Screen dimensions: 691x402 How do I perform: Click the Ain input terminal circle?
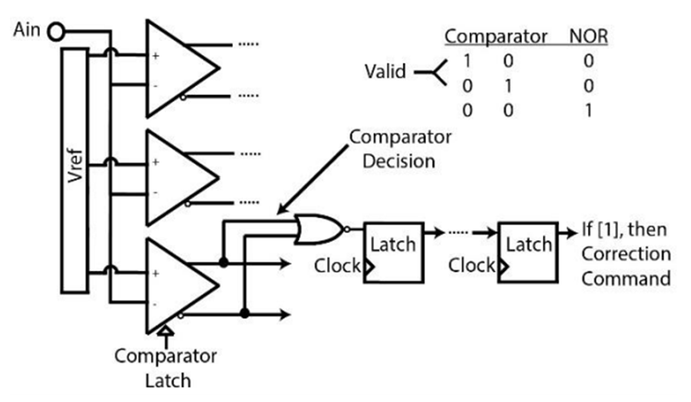[x=56, y=32]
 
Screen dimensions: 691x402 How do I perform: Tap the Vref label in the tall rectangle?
[x=76, y=166]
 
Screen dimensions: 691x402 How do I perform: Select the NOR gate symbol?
[x=319, y=229]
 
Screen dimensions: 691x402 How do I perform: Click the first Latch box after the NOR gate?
[x=393, y=252]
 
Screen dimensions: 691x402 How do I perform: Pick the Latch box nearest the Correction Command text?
[x=528, y=252]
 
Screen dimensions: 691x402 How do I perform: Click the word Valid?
[x=385, y=71]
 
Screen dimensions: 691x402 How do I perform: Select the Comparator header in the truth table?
[x=495, y=36]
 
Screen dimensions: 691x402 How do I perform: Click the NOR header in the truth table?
[x=588, y=36]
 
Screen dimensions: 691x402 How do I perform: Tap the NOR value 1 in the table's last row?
[x=588, y=110]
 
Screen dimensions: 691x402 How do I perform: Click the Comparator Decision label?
[x=400, y=150]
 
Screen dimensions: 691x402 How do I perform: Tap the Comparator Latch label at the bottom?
[x=166, y=368]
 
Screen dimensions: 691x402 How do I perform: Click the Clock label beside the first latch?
[x=337, y=265]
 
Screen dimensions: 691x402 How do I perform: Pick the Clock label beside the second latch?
[x=471, y=265]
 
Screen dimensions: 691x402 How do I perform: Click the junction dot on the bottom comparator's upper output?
[x=224, y=263]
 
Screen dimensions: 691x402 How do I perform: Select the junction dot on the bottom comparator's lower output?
[x=245, y=314]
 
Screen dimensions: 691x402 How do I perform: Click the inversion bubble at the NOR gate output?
[x=347, y=229]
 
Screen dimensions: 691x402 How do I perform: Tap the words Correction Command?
[x=627, y=266]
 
